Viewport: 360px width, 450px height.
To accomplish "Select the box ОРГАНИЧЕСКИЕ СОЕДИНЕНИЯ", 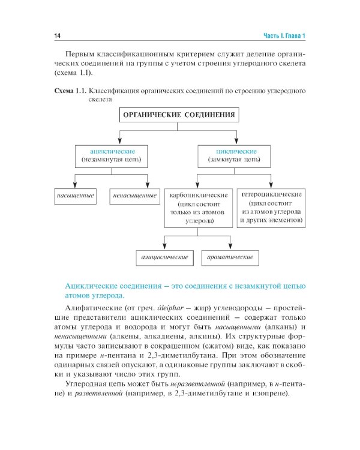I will tap(178, 115).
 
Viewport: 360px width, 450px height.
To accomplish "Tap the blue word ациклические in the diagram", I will tap(112, 151).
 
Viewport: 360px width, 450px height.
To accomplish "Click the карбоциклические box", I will tap(198, 208).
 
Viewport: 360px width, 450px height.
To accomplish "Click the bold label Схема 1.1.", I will tap(71, 91).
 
